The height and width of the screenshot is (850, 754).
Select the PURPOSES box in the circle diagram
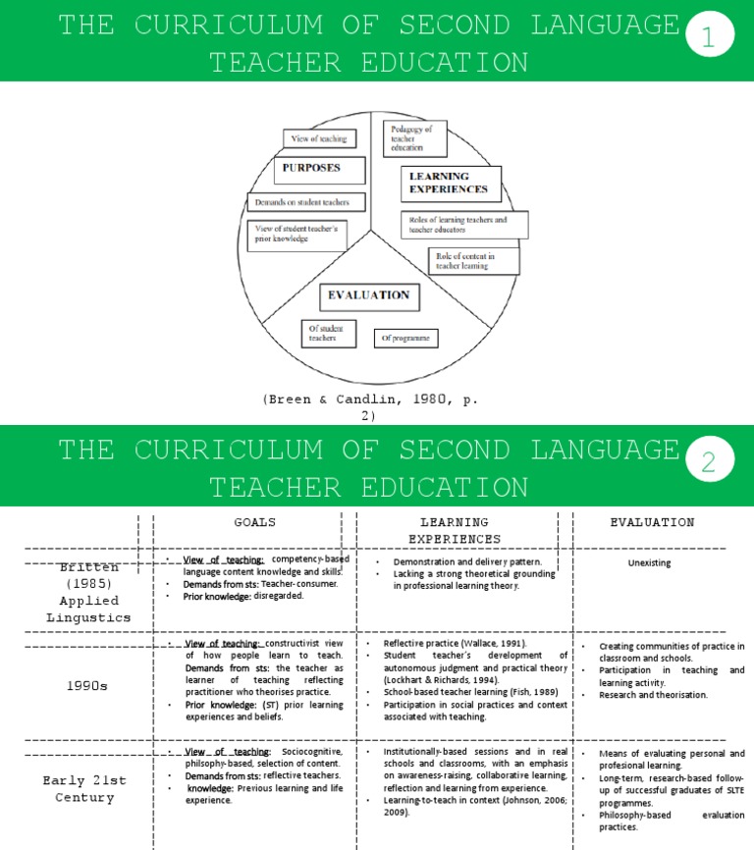[311, 168]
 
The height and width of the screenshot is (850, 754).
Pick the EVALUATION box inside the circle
[368, 294]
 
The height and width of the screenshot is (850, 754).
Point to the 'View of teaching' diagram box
[319, 139]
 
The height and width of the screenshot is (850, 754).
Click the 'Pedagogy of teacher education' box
[412, 137]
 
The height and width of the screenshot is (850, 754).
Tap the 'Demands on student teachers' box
[304, 202]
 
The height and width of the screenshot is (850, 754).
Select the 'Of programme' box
[406, 338]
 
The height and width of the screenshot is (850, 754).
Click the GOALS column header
[254, 522]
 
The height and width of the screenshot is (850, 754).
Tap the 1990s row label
[88, 685]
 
